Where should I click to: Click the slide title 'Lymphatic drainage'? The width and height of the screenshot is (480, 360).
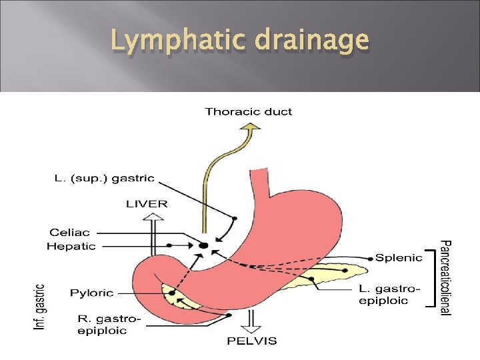pos(239,41)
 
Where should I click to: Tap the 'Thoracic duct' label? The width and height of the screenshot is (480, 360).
pos(248,111)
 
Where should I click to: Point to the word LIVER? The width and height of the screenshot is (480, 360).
pos(147,203)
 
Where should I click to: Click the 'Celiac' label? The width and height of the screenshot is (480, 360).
pos(71,233)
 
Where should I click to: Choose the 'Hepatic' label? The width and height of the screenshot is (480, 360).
pos(71,246)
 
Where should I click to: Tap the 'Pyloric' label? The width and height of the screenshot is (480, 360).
pos(92,293)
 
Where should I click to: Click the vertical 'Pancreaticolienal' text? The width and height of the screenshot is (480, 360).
pos(447,277)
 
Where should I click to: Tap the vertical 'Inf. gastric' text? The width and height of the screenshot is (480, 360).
pos(40,307)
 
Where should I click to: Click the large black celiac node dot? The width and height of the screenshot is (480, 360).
pos(203,246)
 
